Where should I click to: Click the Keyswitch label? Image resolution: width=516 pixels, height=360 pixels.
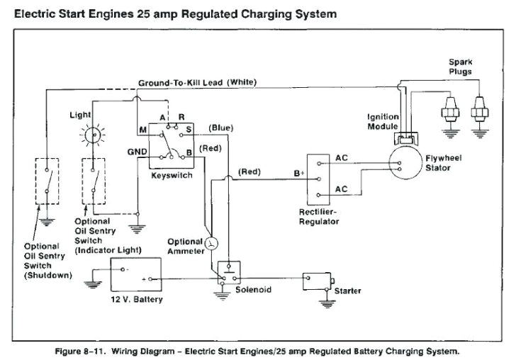click(172, 175)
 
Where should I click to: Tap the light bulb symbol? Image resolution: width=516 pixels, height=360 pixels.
click(91, 134)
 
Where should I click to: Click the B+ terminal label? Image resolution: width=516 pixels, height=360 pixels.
click(298, 173)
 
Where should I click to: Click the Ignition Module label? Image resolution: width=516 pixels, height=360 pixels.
click(383, 121)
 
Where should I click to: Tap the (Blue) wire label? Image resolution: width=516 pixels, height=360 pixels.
click(220, 128)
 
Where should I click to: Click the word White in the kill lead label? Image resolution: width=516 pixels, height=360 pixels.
click(242, 83)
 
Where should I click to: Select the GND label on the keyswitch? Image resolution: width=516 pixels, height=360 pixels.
click(136, 152)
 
